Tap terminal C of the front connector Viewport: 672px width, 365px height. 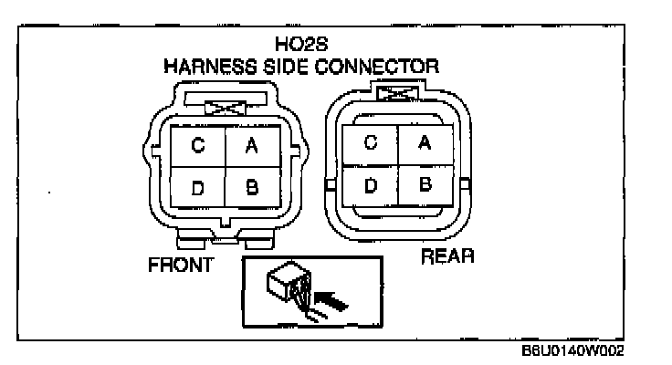[197, 146]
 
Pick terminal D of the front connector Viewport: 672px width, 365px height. [197, 188]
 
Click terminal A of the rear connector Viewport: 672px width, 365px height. [425, 142]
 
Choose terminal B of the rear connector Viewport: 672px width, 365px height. [425, 184]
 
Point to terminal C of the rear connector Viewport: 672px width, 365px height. [369, 142]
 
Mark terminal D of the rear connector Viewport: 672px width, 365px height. [369, 184]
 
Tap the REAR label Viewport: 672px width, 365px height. [447, 257]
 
